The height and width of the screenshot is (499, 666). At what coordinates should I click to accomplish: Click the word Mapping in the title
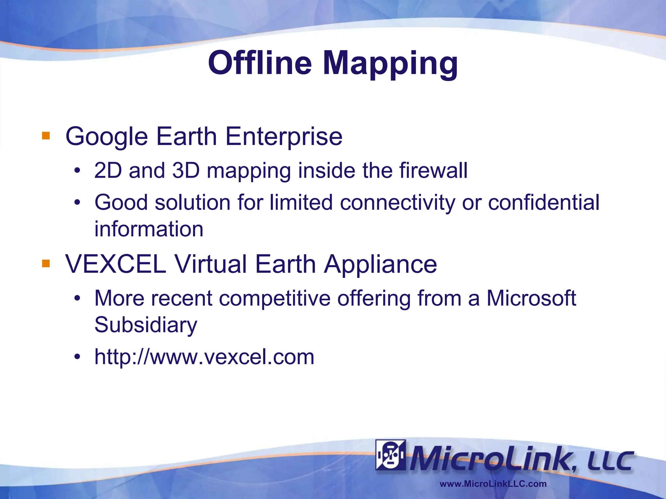click(390, 63)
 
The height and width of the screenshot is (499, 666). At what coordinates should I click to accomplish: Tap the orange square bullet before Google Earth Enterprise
click(46, 135)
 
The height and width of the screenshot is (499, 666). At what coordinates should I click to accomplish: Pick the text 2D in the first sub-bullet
click(108, 170)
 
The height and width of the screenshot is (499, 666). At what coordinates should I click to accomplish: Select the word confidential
click(544, 202)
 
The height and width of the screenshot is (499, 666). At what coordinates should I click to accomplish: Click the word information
click(149, 229)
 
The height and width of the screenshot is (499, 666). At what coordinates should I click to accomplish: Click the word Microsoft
click(531, 298)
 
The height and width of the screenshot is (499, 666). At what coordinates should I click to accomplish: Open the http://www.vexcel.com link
click(204, 357)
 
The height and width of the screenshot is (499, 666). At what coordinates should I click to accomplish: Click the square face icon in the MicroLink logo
click(390, 455)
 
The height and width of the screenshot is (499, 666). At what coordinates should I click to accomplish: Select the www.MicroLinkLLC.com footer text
click(493, 484)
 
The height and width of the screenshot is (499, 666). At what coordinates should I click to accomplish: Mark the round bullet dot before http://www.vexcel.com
click(77, 357)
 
